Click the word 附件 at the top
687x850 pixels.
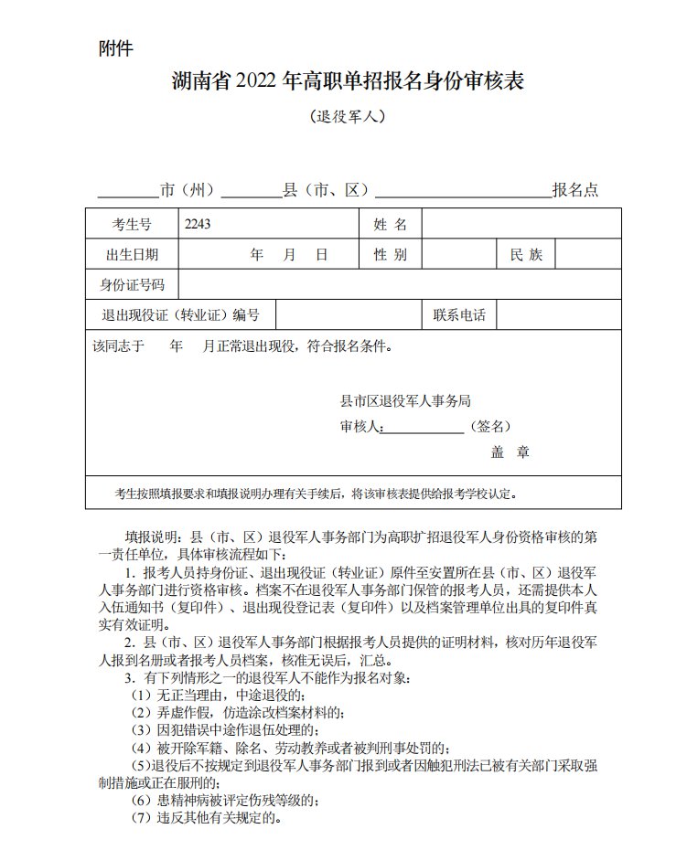pyautogui.click(x=115, y=49)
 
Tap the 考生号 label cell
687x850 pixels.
pyautogui.click(x=132, y=224)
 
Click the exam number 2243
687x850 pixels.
pyautogui.click(x=197, y=224)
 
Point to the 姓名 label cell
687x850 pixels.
pyautogui.click(x=390, y=224)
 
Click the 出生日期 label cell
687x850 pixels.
pyautogui.click(x=132, y=255)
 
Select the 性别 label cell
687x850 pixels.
pyautogui.click(x=390, y=255)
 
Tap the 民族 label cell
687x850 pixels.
pyautogui.click(x=526, y=255)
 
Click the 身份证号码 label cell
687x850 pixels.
pyautogui.click(x=132, y=285)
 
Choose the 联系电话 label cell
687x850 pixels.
pyautogui.click(x=459, y=315)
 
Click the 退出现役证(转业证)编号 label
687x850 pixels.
pyautogui.click(x=180, y=315)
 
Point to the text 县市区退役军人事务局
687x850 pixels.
pyautogui.click(x=405, y=400)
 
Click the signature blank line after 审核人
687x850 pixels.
pyautogui.click(x=424, y=428)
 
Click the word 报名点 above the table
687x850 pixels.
pyautogui.click(x=574, y=190)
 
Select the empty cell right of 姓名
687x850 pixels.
pyautogui.click(x=521, y=224)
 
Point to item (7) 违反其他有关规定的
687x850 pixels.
pyautogui.click(x=205, y=817)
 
